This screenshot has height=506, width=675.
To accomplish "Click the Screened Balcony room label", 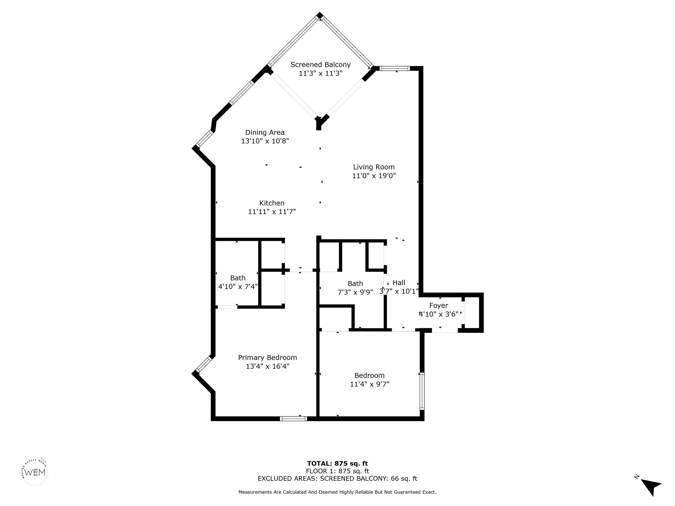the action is pos(320,65).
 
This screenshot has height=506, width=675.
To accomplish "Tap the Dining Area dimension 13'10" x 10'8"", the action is pos(265,141).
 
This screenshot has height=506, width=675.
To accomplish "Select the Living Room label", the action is pos(374,167).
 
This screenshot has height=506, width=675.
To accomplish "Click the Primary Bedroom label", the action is pos(267,358).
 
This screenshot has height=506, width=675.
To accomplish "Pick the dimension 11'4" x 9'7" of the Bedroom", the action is pos(370,384).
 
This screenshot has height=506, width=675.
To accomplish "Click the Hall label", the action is pos(399,283).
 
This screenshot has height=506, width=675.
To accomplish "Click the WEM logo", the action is pos(35,472).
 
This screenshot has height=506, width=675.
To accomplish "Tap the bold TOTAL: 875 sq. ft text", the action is pos(337,464).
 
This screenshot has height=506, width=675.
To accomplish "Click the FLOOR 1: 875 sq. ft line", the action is pos(337,471).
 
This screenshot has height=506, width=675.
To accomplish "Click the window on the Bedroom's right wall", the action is pos(422,391).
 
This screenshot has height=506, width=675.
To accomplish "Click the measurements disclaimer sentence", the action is pos(337,492).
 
